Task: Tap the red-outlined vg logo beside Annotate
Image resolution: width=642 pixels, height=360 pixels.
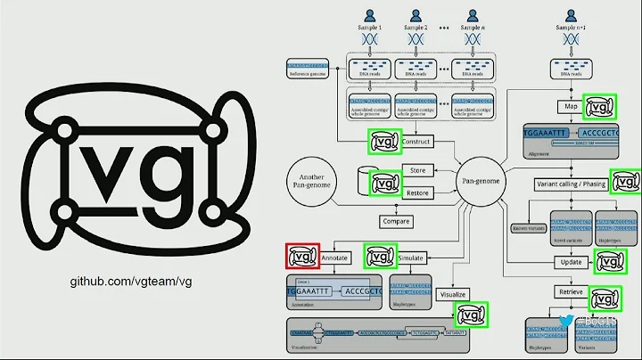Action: point(301,257)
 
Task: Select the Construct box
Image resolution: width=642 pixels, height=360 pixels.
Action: point(416,142)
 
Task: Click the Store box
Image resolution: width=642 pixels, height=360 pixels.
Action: point(417,170)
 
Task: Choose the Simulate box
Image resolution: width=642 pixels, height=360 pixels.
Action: point(411,258)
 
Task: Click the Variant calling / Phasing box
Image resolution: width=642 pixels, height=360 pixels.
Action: point(571,184)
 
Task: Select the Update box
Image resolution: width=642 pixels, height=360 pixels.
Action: point(570,262)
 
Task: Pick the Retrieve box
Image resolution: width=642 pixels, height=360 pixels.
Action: point(570,291)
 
